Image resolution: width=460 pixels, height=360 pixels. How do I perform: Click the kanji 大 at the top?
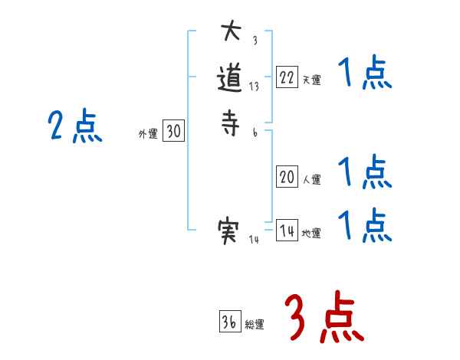[231, 33]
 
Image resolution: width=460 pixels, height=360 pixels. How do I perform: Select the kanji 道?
[231, 80]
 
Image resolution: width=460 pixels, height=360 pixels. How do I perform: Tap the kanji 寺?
[231, 126]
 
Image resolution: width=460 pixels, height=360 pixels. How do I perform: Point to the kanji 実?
[231, 231]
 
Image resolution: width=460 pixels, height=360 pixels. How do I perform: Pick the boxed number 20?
[287, 178]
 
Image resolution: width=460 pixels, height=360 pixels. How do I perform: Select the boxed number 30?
[173, 132]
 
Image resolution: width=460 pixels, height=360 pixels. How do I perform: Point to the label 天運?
[312, 78]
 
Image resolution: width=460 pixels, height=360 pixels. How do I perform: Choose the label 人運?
[312, 181]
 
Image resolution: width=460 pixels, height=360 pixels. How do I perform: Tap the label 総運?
[255, 325]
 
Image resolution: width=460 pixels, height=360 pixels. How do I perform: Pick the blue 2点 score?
[75, 126]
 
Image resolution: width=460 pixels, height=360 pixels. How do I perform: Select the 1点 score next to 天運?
[365, 74]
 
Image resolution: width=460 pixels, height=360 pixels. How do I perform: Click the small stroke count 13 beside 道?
[254, 87]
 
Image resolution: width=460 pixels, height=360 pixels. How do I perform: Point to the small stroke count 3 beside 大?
[255, 41]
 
